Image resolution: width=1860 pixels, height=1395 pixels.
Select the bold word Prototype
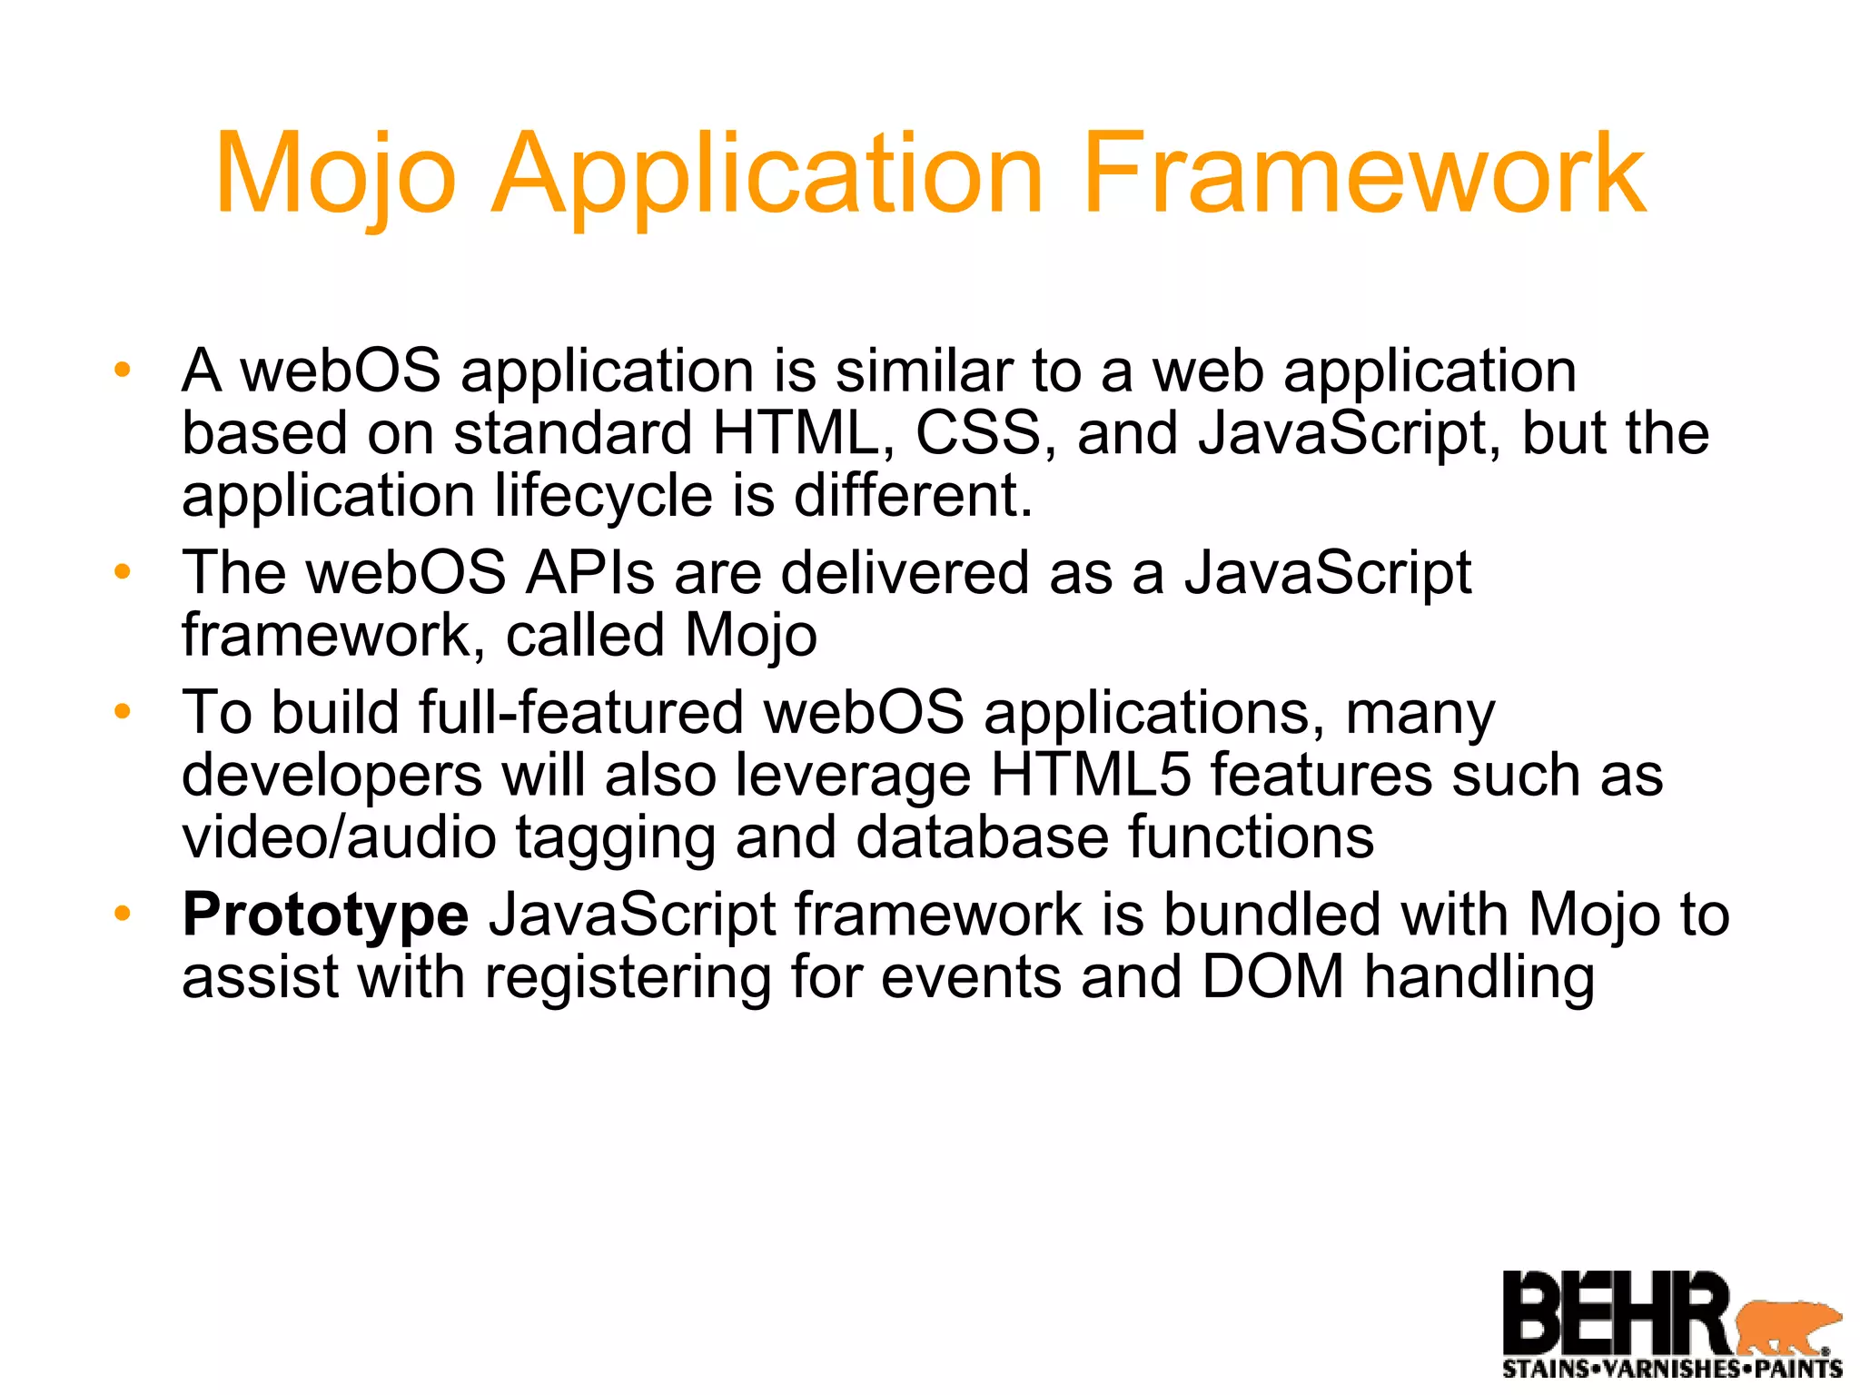coord(325,915)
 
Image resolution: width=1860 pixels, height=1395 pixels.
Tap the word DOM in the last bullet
coord(1272,977)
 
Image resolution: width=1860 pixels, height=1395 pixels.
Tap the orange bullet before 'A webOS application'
coord(123,371)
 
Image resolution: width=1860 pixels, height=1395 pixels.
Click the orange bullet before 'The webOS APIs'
coord(123,572)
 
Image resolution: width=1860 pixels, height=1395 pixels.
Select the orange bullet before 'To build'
coord(123,712)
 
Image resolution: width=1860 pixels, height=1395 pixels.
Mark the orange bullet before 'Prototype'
coord(123,914)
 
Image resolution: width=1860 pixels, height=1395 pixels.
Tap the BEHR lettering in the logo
coord(1617,1313)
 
